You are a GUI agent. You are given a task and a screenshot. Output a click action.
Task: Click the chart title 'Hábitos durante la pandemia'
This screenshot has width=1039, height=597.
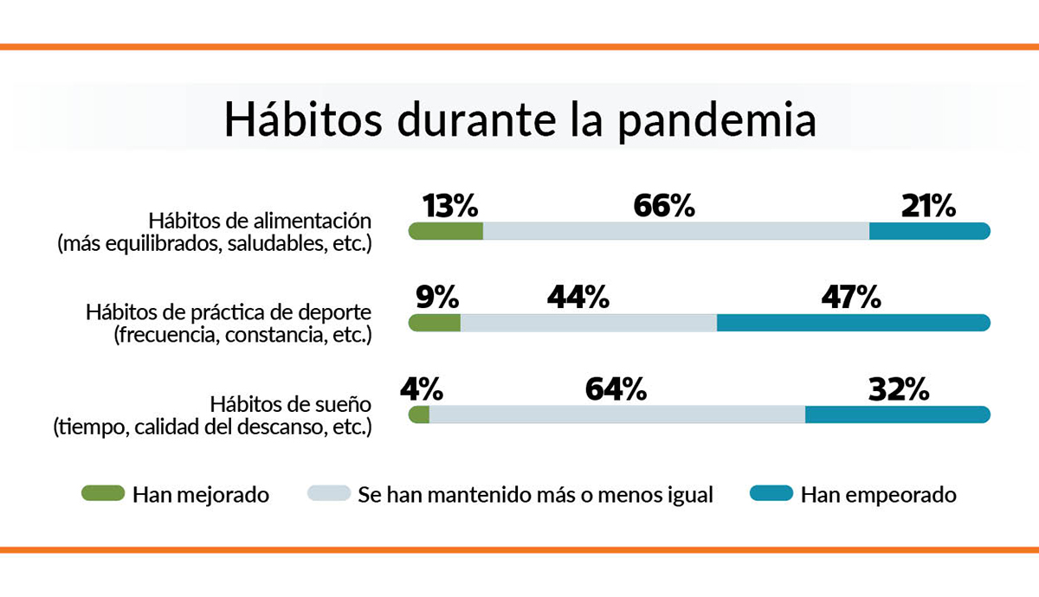point(519,120)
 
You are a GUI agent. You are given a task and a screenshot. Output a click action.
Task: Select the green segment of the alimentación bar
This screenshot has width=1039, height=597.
point(446,231)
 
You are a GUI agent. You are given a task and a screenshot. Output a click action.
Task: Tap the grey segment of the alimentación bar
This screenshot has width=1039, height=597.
point(675,231)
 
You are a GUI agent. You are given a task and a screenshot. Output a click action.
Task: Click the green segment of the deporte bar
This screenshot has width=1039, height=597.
point(435,323)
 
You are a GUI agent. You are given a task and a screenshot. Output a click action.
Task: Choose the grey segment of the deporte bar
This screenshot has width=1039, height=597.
point(589,323)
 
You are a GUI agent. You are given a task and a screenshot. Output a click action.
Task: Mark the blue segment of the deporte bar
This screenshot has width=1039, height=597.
point(853,323)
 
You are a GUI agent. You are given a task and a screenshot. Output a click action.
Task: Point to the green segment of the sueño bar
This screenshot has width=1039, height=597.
point(420,414)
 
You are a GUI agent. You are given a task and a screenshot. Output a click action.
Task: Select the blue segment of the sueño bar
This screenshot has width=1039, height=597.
point(897,414)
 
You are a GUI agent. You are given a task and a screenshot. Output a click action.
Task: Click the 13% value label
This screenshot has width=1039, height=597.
point(449,206)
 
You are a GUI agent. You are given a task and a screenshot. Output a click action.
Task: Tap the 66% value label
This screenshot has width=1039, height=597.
point(663,206)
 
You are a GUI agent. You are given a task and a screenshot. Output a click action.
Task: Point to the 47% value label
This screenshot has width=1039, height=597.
point(850,298)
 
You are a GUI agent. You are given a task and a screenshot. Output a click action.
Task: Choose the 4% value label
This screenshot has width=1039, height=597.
point(422,389)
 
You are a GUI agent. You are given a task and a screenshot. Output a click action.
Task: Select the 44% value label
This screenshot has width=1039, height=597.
point(578,298)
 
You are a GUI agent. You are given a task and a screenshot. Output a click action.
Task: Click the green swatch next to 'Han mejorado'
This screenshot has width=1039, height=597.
point(103,494)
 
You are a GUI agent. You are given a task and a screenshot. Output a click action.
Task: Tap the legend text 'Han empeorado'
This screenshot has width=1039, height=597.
point(878,495)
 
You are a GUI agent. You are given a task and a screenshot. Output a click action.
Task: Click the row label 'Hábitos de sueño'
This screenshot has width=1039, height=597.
point(291,404)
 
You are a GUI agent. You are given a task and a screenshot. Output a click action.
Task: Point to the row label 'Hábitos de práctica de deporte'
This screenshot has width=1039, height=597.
point(229,312)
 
